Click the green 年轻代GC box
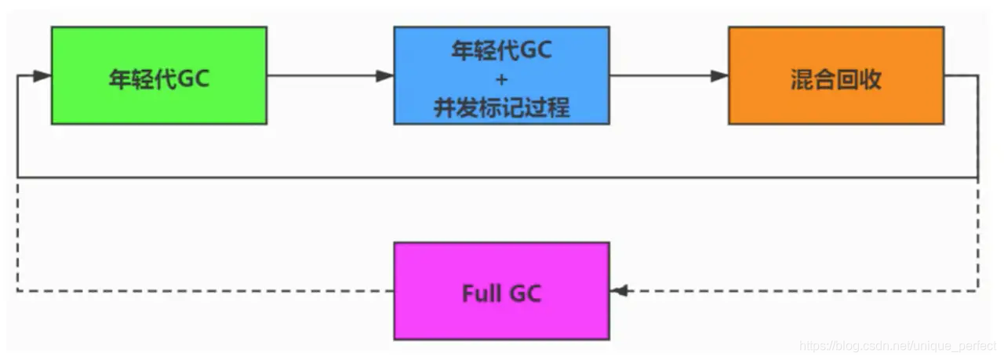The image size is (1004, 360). (158, 75)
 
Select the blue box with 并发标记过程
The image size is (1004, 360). (501, 75)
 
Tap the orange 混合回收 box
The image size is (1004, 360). (835, 75)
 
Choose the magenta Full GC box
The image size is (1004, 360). (501, 291)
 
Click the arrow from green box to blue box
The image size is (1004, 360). (329, 76)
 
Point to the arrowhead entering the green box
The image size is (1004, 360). (42, 76)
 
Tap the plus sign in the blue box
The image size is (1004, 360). (501, 78)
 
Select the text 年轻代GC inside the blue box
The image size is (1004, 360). (501, 50)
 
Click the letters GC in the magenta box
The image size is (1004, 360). (526, 294)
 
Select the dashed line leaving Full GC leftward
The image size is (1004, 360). (204, 291)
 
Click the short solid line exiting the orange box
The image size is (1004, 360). (961, 76)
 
